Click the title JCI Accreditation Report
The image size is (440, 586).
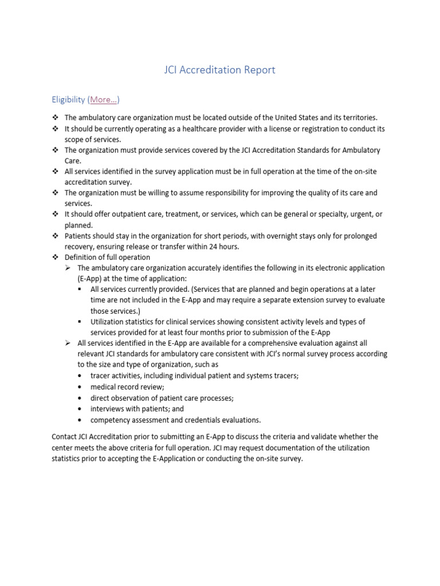tap(219, 70)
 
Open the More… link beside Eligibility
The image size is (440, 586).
tap(104, 100)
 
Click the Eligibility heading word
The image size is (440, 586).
tap(68, 100)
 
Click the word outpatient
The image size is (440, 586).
tap(115, 214)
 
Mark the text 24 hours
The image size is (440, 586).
tap(226, 247)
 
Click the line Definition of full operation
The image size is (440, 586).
tap(107, 258)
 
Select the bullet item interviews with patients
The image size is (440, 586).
tap(137, 409)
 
